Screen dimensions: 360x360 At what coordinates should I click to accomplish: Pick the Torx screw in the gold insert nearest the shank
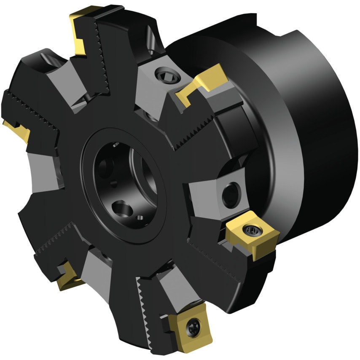(251, 230)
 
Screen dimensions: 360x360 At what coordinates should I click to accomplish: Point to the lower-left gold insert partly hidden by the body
(67, 276)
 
